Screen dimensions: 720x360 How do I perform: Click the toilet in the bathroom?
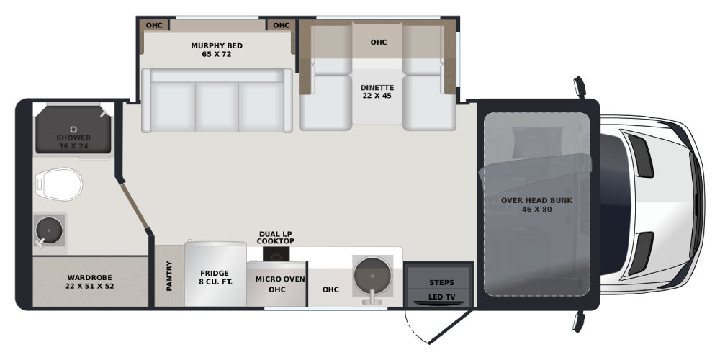(58, 184)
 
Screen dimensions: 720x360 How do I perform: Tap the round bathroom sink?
(49, 230)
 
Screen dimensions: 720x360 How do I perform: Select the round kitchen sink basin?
(372, 276)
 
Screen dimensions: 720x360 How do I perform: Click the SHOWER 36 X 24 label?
(73, 142)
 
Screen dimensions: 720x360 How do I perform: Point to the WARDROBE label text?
(89, 277)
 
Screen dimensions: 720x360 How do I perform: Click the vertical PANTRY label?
(169, 276)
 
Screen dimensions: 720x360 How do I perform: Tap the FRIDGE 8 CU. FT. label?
(215, 277)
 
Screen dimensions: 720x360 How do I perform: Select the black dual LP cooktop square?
(276, 254)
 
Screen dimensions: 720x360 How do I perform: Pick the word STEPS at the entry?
(441, 282)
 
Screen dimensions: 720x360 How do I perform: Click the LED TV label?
(442, 297)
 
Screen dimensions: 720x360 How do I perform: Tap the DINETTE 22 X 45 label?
(377, 92)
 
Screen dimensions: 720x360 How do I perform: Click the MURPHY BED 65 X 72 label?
(217, 50)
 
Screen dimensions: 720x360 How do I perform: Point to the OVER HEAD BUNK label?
(537, 201)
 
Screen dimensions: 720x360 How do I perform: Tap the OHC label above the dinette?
(379, 42)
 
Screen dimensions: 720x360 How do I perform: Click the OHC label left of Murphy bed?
(154, 25)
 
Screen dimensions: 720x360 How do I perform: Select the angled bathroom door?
(134, 206)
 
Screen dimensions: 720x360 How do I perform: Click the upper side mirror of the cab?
(580, 87)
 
